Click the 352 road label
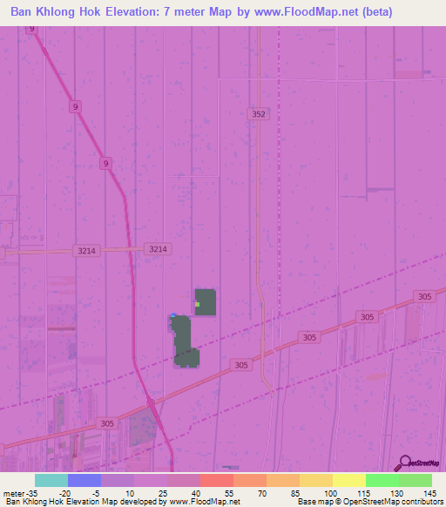coord(257,113)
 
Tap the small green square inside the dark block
coord(198,304)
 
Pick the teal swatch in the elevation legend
coord(51,480)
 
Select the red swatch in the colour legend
coord(216,480)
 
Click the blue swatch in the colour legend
coord(84,480)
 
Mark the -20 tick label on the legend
coord(64,492)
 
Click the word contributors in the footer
coord(422,502)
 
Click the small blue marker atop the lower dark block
coord(174,315)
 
